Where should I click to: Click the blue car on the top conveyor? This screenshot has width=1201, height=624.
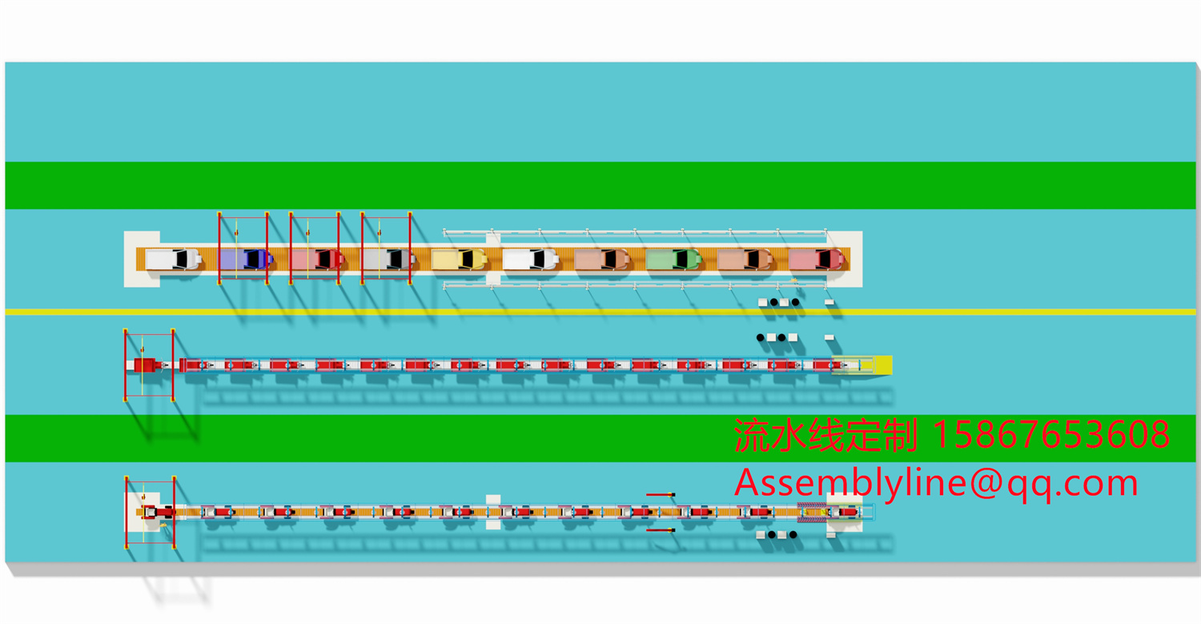click(x=244, y=259)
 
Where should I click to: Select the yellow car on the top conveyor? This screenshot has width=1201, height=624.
click(x=459, y=259)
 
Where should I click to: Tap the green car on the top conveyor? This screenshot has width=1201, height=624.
click(x=673, y=259)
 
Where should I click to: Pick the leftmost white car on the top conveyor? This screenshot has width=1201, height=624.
click(x=172, y=259)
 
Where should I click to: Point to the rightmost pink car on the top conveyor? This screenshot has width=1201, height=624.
click(x=816, y=259)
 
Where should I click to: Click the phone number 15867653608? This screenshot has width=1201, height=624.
click(x=1050, y=435)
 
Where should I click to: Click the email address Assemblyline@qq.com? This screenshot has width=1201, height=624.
click(x=936, y=483)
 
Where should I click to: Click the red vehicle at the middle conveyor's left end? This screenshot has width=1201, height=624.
click(x=145, y=365)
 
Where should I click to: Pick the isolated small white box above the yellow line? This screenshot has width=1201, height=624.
click(x=829, y=302)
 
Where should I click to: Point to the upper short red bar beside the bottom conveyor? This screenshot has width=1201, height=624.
click(x=661, y=494)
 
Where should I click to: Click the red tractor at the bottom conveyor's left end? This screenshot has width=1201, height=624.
click(x=156, y=512)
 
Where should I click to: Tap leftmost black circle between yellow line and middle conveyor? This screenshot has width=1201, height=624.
click(x=761, y=337)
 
